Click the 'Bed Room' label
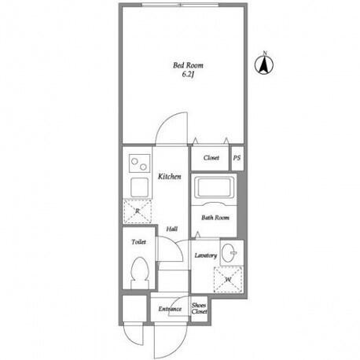click(188, 65)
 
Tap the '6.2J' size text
click(188, 75)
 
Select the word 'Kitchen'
click(169, 177)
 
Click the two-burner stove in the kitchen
click(140, 163)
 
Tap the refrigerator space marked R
click(138, 211)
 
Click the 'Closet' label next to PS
click(211, 158)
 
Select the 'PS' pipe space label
click(237, 158)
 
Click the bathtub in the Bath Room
click(214, 187)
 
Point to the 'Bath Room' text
click(215, 218)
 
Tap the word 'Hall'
click(172, 229)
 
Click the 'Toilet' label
click(138, 242)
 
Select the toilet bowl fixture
click(140, 273)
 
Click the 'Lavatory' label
click(206, 255)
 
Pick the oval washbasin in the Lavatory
click(229, 253)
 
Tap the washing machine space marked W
click(228, 280)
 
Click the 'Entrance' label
click(170, 309)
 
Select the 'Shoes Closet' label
click(199, 308)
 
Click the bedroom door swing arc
click(166, 120)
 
